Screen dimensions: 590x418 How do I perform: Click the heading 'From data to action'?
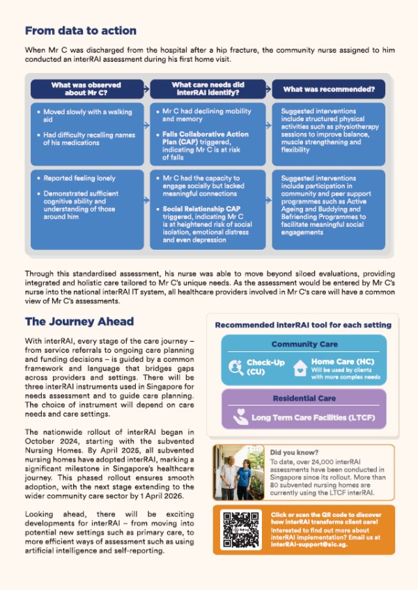80,31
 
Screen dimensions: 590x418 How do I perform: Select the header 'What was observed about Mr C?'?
86,89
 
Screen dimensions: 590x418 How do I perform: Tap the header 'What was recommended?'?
329,89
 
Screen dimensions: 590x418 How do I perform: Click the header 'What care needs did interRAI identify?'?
207,89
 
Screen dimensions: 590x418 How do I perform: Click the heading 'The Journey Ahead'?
79,322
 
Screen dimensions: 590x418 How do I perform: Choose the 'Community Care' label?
303,344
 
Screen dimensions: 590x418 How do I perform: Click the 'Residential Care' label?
303,398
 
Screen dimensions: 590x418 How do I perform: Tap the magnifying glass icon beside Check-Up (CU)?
235,367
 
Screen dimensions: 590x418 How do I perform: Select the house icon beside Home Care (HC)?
300,367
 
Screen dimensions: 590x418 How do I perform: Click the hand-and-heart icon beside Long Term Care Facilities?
240,417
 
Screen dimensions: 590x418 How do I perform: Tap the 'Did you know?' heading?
289,452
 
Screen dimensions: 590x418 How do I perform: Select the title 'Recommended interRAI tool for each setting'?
303,324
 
